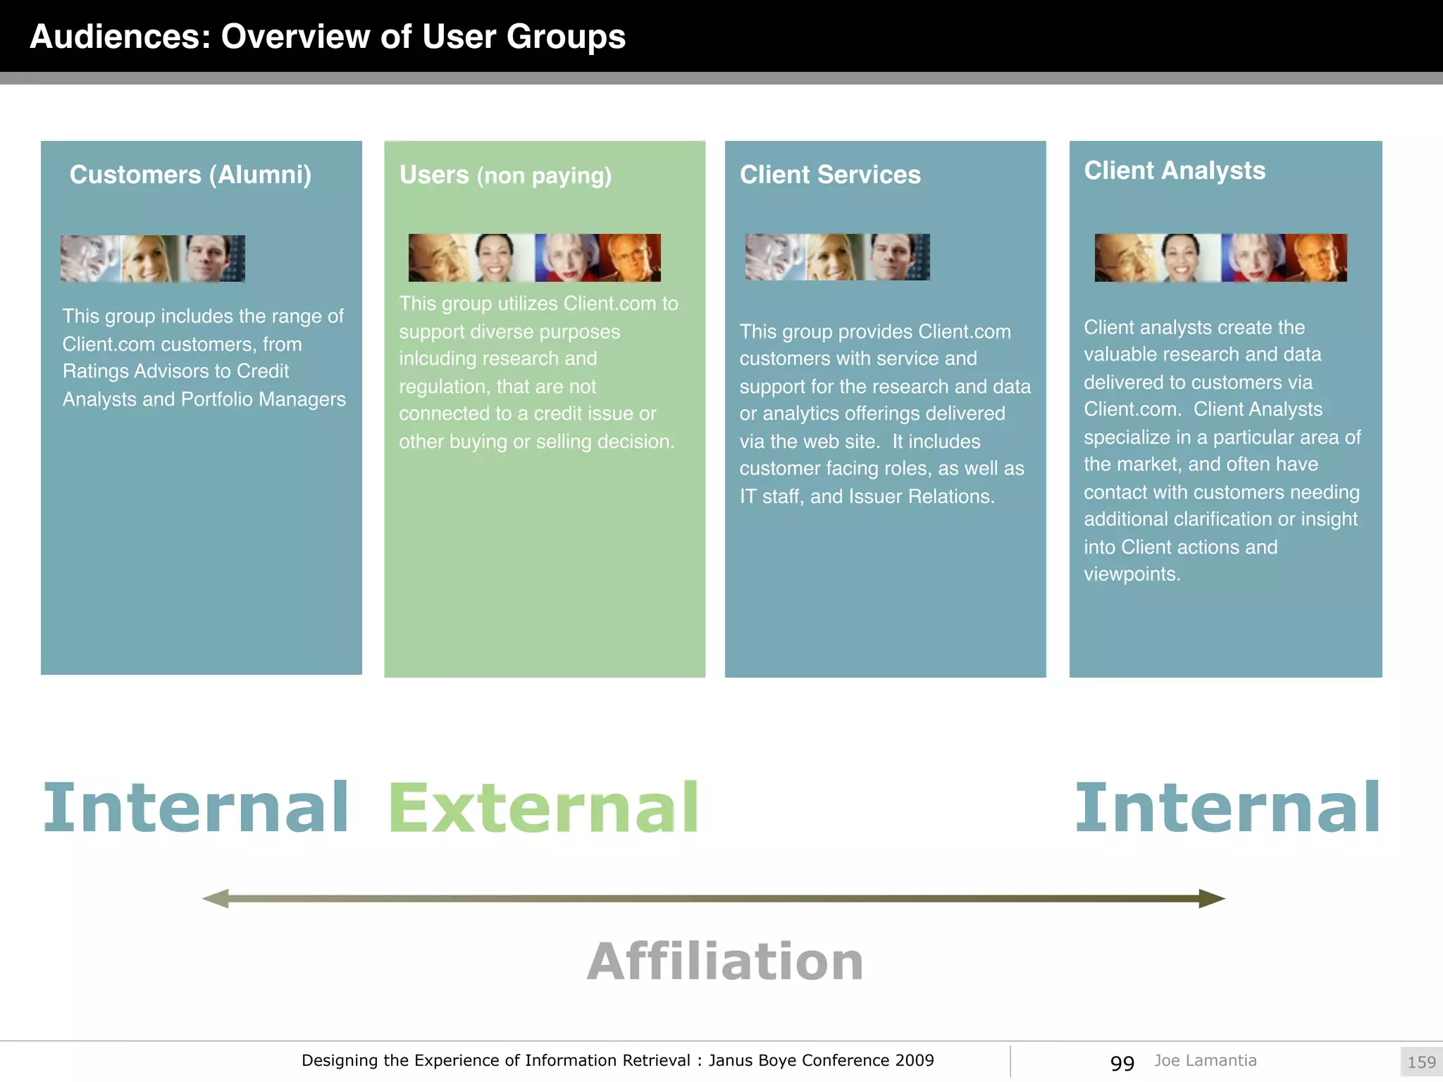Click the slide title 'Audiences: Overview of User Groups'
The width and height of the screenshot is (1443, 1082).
click(328, 37)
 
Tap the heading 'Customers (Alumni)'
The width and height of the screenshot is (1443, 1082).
click(190, 175)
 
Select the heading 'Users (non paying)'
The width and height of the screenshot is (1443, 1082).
click(505, 175)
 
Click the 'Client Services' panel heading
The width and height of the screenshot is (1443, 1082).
click(830, 175)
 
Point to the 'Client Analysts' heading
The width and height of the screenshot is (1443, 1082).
click(1175, 170)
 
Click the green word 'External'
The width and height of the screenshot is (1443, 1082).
click(543, 807)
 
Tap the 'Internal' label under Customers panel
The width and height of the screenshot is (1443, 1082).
click(196, 807)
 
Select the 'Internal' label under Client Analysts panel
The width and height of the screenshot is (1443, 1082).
click(1227, 807)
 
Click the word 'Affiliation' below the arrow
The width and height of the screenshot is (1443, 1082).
click(725, 962)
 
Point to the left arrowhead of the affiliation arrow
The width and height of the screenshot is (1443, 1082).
click(216, 899)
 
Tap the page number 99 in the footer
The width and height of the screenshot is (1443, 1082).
click(1122, 1062)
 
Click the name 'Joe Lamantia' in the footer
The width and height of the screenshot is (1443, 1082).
click(1205, 1060)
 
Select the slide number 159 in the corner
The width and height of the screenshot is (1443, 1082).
click(1421, 1062)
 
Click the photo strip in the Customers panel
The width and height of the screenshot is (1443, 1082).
click(153, 259)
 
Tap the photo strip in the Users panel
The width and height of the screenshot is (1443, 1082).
click(535, 258)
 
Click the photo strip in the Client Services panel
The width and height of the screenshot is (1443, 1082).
click(838, 257)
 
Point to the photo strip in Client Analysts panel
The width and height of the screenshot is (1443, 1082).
click(1220, 258)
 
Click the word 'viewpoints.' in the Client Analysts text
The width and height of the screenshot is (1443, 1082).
click(1132, 574)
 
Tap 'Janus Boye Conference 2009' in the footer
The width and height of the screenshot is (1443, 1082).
click(821, 1060)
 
